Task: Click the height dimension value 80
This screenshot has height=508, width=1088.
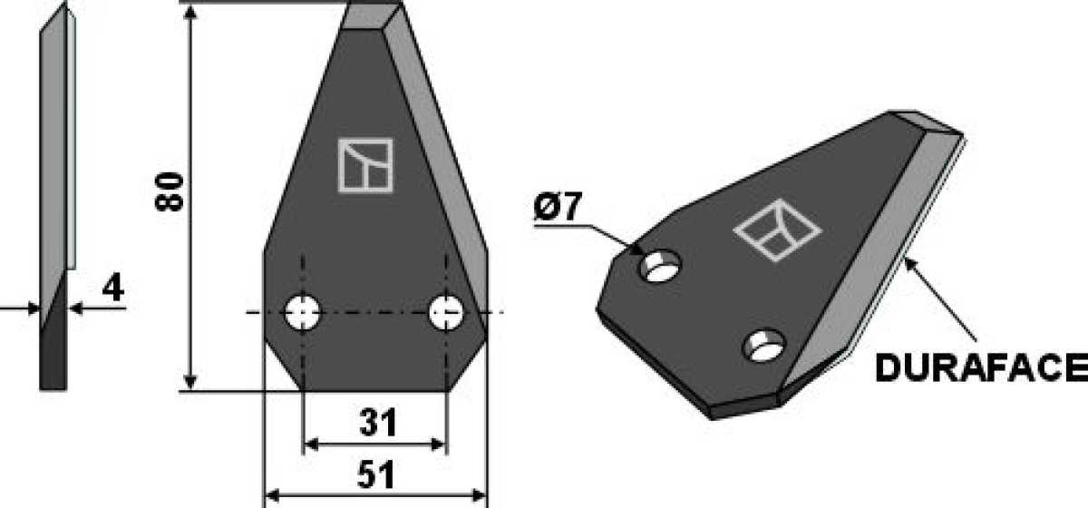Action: [x=170, y=192]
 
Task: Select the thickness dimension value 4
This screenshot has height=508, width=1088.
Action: [x=113, y=288]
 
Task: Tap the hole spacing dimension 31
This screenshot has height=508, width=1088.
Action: [x=378, y=423]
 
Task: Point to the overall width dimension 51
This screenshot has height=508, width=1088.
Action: [x=376, y=475]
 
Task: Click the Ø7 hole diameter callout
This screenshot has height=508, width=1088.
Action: [x=557, y=207]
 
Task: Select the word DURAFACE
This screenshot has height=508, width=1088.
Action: [x=981, y=368]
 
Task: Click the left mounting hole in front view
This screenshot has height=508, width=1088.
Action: [x=302, y=312]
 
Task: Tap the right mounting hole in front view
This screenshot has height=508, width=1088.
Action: [x=446, y=312]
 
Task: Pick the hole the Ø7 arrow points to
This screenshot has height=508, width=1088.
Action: [x=661, y=266]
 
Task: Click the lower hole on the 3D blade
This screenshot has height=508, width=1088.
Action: [x=764, y=346]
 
